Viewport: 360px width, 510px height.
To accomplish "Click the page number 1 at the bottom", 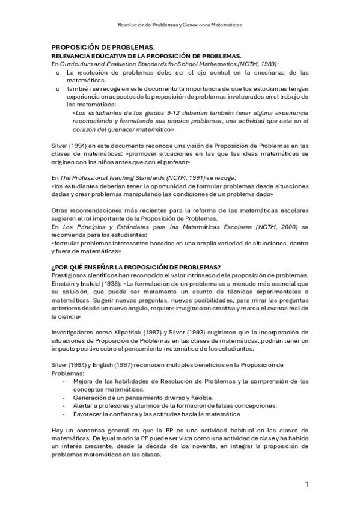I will point(307,484).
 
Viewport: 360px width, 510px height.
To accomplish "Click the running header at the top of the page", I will point(180,25).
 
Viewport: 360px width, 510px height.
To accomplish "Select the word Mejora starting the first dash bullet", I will point(83,381).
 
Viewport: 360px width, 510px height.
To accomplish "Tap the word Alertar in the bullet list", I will point(83,405).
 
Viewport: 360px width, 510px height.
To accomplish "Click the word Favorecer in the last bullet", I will point(87,414).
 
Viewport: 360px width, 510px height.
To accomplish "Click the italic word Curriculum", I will point(78,63).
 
